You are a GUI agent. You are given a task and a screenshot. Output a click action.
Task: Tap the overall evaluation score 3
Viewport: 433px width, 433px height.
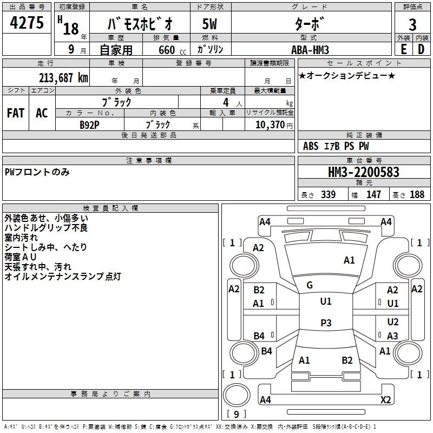tap(412, 24)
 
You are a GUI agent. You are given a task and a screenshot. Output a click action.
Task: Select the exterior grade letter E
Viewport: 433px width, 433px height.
tap(403, 48)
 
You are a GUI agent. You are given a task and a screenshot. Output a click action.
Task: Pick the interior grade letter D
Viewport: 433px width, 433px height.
tap(421, 48)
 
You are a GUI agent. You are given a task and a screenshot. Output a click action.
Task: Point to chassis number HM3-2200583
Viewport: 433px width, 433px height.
tap(364, 173)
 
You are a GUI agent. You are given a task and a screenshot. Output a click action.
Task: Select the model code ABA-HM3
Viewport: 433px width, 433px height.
tap(311, 49)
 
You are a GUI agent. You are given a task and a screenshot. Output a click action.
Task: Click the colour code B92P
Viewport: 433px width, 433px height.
tap(90, 124)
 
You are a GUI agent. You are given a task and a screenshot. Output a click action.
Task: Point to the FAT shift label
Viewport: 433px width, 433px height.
tap(15, 113)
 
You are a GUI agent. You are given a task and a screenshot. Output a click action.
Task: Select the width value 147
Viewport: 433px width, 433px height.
tap(373, 194)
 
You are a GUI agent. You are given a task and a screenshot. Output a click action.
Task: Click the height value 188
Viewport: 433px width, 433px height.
tap(417, 194)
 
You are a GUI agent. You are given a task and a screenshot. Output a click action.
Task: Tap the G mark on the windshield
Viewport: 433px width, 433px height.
tap(310, 285)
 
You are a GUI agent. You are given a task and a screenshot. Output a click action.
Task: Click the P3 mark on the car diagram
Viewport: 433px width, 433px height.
tap(326, 323)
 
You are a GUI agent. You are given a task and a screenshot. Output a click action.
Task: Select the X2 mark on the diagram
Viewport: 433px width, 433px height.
tap(385, 399)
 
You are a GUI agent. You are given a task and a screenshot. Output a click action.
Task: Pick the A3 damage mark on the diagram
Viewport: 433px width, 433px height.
tap(392, 336)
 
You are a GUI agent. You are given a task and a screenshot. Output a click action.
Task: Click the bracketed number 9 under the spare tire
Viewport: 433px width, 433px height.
tap(236, 415)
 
